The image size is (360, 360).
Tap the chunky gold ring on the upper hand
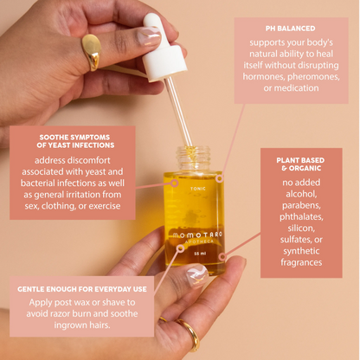point(91,50)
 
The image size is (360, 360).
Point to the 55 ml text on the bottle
point(199,253)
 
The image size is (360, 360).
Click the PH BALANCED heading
point(291,28)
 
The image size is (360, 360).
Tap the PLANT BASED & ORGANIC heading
point(300,165)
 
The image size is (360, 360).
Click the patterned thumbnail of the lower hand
point(197,275)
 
